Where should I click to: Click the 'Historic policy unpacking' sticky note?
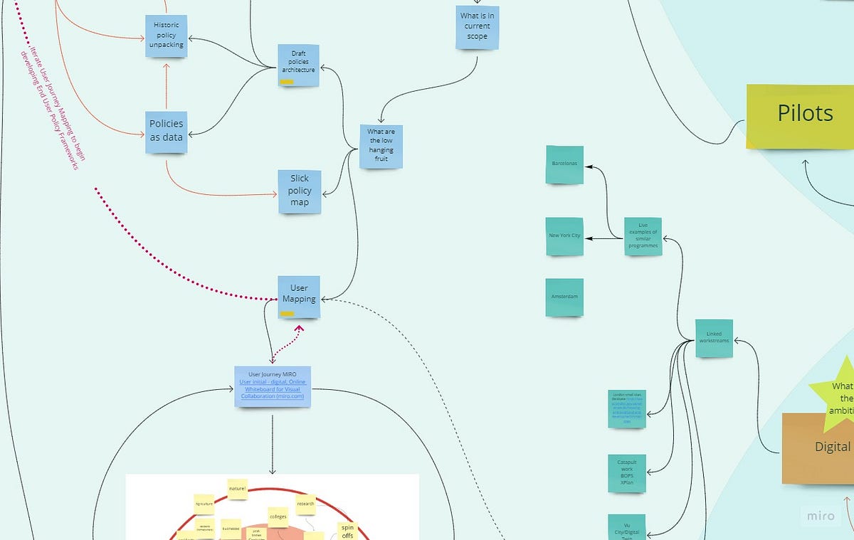pos(167,35)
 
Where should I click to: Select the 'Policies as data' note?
pos(166,132)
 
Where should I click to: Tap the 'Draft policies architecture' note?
pos(298,65)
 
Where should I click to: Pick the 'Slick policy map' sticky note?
pos(299,191)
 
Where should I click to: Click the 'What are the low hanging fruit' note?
pos(381,146)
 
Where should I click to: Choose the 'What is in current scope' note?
pos(477,26)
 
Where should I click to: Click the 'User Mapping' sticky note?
pos(299,296)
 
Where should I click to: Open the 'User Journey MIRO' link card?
pos(273,386)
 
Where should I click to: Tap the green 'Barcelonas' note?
pos(564,164)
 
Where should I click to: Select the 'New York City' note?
pos(564,236)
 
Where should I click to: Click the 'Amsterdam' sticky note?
pos(564,297)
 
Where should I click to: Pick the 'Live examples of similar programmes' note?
pos(643,236)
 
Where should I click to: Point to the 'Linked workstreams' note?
pos(714,338)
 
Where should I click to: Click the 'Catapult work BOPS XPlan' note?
pos(627,473)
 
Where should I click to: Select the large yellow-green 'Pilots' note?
pos(801,115)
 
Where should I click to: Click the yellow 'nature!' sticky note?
pos(237,489)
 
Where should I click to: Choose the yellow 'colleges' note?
pos(278,517)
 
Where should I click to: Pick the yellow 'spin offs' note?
pos(347,531)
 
